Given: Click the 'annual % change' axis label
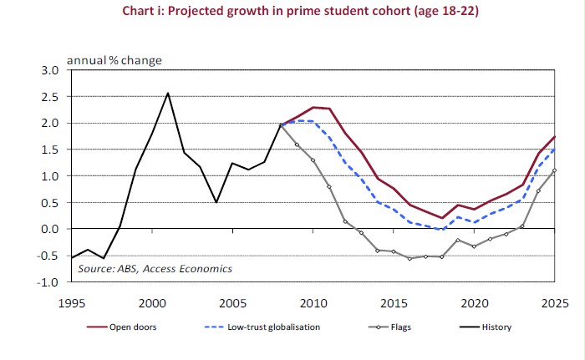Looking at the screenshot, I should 114,60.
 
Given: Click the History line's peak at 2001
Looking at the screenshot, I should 168,93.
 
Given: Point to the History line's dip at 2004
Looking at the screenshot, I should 216,202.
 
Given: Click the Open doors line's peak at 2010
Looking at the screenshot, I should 313,108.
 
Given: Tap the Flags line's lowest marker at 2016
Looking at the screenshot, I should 409,259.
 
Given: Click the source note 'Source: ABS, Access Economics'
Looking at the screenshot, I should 155,269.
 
